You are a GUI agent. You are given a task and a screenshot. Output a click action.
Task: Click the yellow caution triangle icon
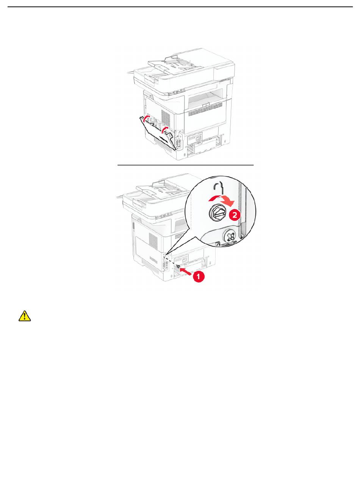[x=25, y=316]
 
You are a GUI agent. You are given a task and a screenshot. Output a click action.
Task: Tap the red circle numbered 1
[x=199, y=277]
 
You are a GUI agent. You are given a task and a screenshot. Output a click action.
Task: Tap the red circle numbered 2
[x=235, y=215]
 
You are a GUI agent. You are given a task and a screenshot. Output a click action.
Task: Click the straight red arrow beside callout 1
[x=186, y=272]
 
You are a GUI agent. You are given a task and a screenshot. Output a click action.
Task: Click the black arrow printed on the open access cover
[x=164, y=139]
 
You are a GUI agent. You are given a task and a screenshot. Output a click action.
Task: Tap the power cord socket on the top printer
[x=194, y=138]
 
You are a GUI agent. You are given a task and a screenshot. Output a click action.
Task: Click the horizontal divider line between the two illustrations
[x=186, y=165]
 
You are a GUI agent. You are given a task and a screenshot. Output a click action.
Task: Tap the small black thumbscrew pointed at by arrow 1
[x=178, y=266]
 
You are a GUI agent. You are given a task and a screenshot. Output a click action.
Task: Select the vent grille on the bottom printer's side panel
[x=153, y=239]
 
